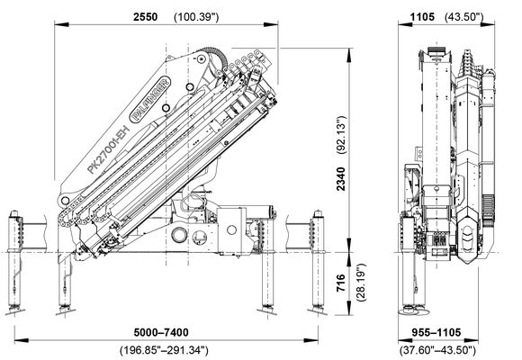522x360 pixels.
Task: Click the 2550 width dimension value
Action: (x=146, y=17)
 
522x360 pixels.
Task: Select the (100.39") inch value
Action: (x=196, y=17)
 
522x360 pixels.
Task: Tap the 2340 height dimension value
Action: (x=341, y=179)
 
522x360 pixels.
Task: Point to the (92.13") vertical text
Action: (x=342, y=135)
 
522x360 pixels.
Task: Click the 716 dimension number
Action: (x=341, y=283)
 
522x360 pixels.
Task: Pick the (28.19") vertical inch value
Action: (x=361, y=283)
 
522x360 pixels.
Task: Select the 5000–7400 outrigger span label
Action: (x=161, y=332)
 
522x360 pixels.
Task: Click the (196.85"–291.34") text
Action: (x=164, y=350)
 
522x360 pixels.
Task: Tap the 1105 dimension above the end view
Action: (x=422, y=17)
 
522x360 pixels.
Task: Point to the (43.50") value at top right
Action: (x=464, y=17)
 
